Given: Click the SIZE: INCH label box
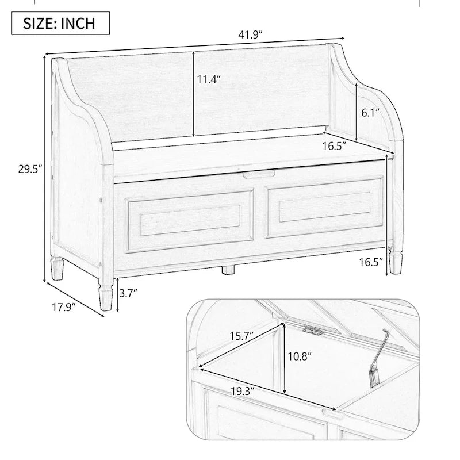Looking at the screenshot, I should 58,24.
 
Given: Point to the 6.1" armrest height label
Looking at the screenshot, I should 371,113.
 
